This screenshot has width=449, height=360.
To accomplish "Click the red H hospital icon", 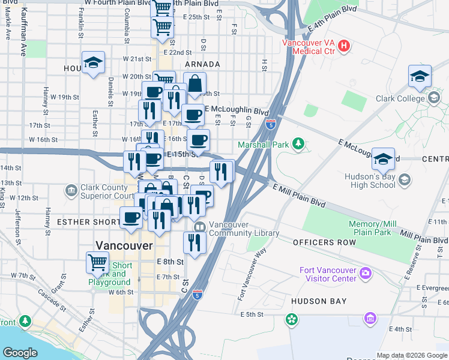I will (344, 46).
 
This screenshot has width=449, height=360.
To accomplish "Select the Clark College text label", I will (399, 98).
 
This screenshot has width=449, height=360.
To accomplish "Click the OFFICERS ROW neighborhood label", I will (324, 242).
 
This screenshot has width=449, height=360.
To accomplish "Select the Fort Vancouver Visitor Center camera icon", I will (365, 274).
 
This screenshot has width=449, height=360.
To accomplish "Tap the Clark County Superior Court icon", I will (71, 190).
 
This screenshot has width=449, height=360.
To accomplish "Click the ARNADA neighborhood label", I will (202, 64).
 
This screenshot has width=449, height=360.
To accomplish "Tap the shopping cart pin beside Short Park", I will (97, 262).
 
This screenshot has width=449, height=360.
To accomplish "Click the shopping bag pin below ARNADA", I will (194, 83).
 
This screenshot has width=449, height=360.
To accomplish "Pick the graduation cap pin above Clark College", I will (420, 76).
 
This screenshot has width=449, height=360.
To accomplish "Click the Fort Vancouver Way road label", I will (252, 275).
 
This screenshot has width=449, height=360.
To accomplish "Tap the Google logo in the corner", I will (20, 352).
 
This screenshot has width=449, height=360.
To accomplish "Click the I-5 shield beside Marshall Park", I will (270, 125).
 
